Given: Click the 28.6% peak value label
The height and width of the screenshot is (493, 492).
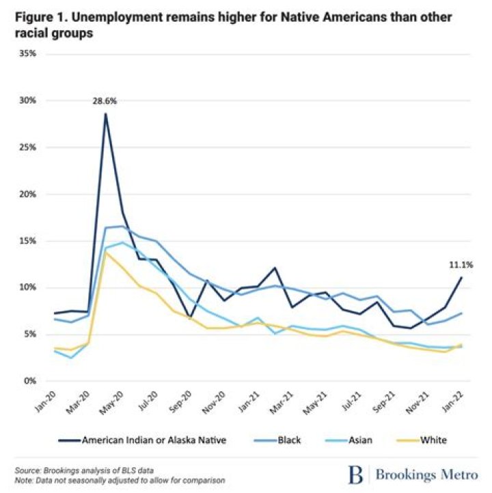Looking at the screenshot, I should [105, 101].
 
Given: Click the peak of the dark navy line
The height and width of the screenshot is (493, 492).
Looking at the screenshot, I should [105, 113].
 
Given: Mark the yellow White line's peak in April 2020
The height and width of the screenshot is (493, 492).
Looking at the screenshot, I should [106, 253].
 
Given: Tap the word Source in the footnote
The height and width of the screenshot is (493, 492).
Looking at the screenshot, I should [28, 470].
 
